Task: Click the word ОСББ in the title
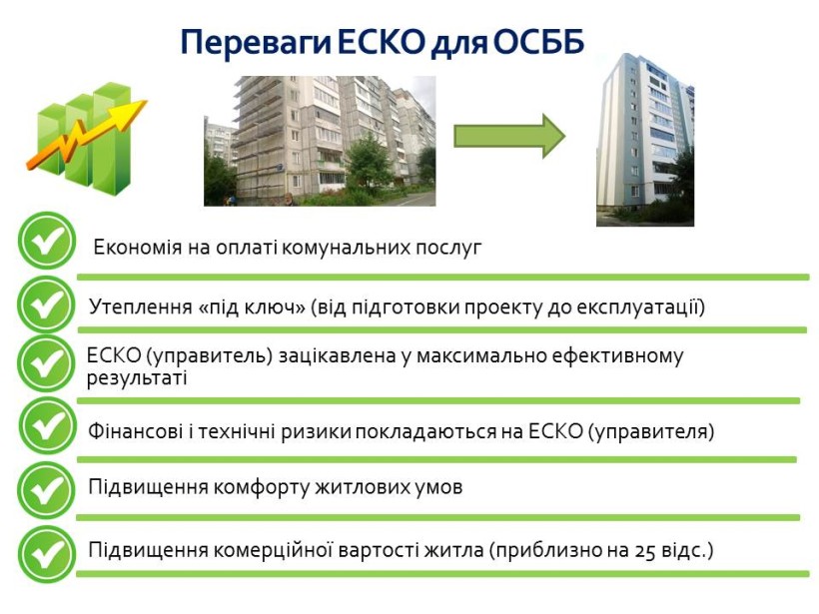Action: [538, 42]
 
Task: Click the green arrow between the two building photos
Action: [509, 136]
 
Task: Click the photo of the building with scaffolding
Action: [320, 141]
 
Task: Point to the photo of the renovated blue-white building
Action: [645, 140]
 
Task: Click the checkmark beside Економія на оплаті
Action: [47, 241]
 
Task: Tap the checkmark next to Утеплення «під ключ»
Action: [47, 305]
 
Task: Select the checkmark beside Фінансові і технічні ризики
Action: [48, 425]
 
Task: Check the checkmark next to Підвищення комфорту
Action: [47, 490]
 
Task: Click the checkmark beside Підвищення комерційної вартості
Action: [47, 554]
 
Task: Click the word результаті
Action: [137, 378]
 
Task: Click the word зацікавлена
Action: [338, 356]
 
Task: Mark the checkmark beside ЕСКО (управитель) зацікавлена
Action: [47, 364]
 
